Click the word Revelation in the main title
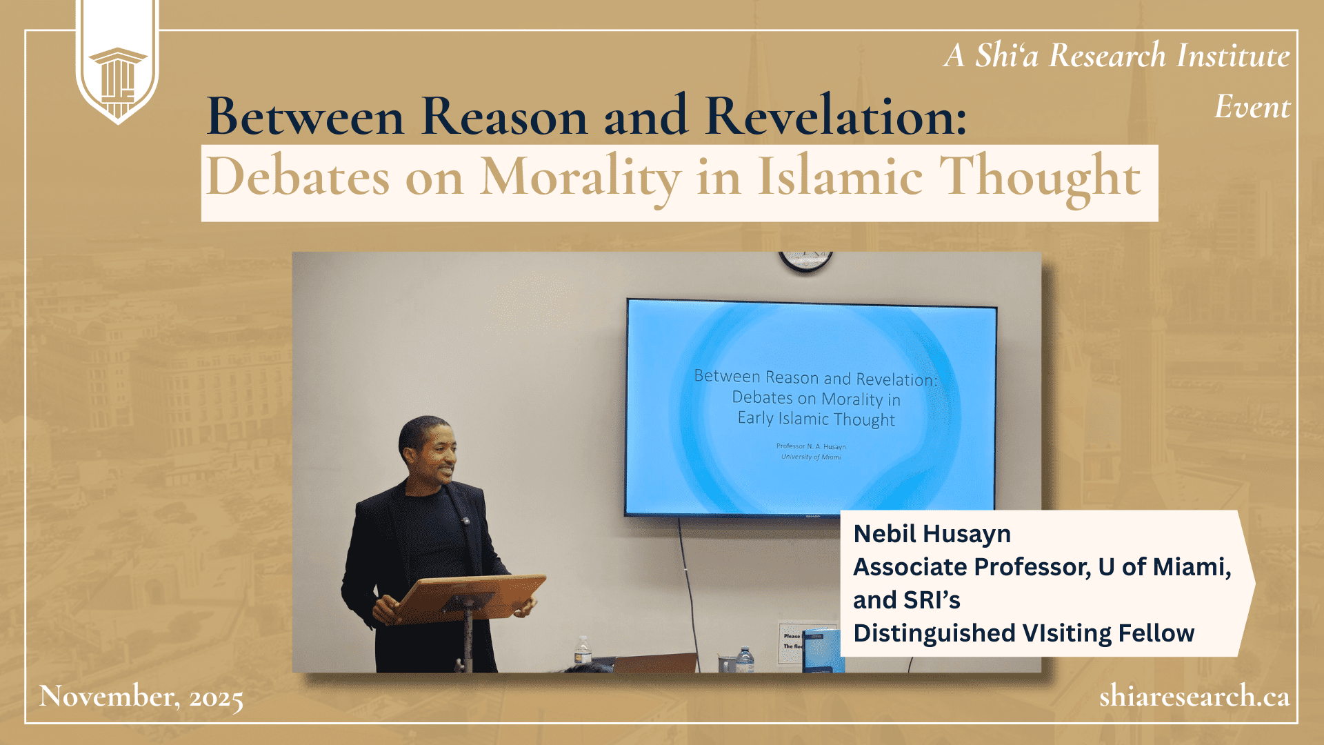(x=835, y=116)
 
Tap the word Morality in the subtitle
(x=581, y=178)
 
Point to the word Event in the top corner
(x=1252, y=107)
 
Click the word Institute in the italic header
(x=1233, y=55)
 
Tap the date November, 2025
(x=141, y=697)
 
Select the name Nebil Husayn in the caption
(x=932, y=534)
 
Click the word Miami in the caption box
(x=1192, y=567)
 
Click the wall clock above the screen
(x=805, y=261)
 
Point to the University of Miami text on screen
(x=811, y=457)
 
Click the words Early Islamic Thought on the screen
(x=816, y=419)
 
